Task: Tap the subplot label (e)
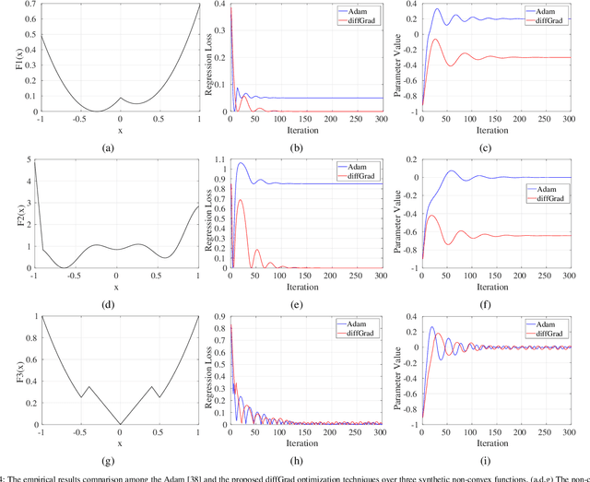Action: click(309, 300)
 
